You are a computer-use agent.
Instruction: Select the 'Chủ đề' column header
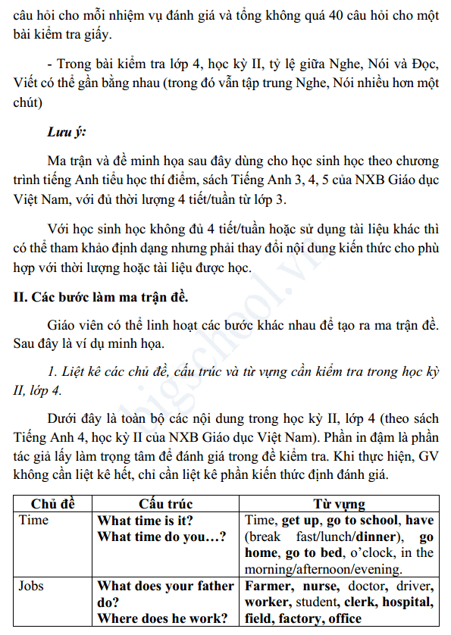click(x=52, y=504)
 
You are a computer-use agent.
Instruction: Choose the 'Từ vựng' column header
click(x=339, y=504)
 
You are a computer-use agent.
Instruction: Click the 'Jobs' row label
click(x=31, y=586)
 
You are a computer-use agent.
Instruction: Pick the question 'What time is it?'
click(x=145, y=521)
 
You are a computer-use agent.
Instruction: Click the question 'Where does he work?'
click(x=163, y=619)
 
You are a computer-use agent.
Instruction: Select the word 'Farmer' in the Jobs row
click(x=267, y=586)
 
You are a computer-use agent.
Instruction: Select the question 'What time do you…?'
click(x=161, y=537)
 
